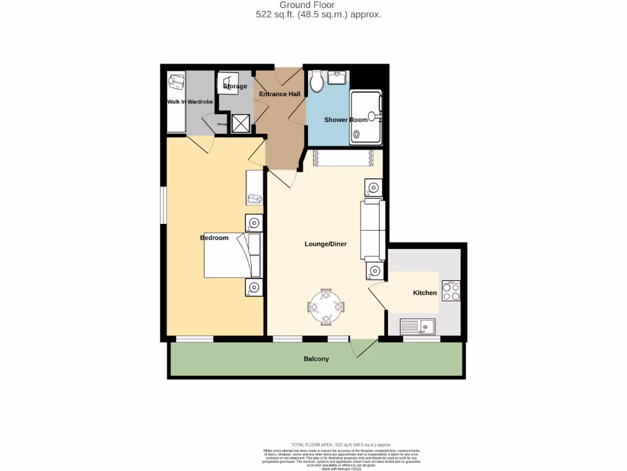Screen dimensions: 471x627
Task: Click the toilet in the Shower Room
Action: point(316,82)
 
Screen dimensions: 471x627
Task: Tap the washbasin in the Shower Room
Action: point(336,78)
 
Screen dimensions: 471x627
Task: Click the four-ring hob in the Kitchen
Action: point(451,291)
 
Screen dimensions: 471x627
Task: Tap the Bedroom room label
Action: point(214,238)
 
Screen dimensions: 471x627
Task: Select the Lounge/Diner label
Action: point(326,244)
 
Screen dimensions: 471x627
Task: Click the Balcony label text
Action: point(317,359)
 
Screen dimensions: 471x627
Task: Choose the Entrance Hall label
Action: point(280,94)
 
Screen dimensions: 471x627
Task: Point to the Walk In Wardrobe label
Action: point(190,102)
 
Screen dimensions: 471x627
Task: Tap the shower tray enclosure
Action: point(365,118)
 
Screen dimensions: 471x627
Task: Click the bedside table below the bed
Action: point(252,286)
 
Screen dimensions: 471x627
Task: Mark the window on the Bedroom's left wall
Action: point(163,205)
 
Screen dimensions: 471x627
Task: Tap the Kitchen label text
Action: point(425,293)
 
